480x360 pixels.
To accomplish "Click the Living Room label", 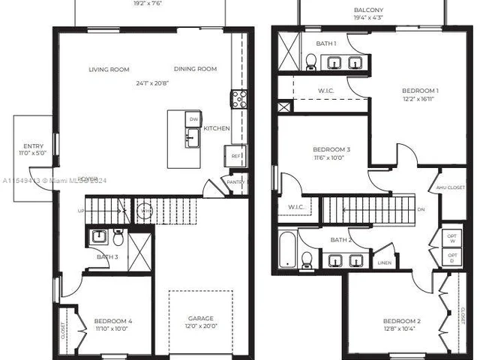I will pyautogui.click(x=109, y=70).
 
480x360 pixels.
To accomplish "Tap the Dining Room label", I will pyautogui.click(x=195, y=69).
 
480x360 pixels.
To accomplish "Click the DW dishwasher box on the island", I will pyautogui.click(x=193, y=119).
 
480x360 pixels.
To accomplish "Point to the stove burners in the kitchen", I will pyautogui.click(x=238, y=99).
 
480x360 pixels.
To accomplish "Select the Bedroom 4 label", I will pyautogui.click(x=113, y=322).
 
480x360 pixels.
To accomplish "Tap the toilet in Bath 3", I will pyautogui.click(x=118, y=238).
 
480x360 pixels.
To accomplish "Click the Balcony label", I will pyautogui.click(x=368, y=10).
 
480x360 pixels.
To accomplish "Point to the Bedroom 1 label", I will pyautogui.click(x=420, y=91).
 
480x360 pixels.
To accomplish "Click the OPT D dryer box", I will pyautogui.click(x=452, y=257).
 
